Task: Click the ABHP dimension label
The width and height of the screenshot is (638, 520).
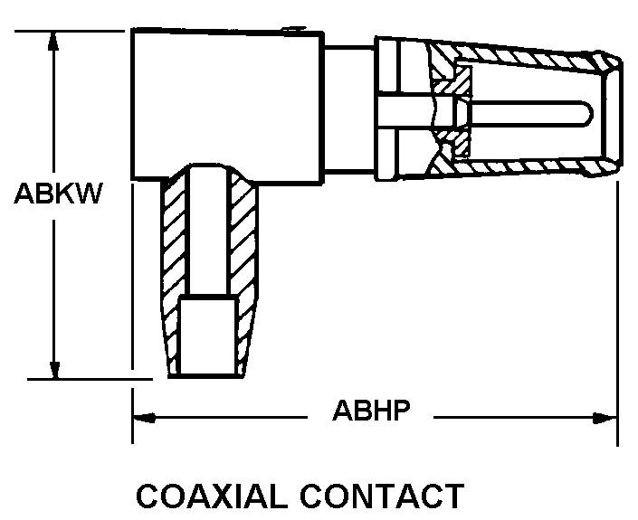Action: pyautogui.click(x=372, y=411)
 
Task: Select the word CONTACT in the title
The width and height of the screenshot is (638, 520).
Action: pyautogui.click(x=392, y=497)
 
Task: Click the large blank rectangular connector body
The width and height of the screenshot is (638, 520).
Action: pyautogui.click(x=226, y=99)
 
